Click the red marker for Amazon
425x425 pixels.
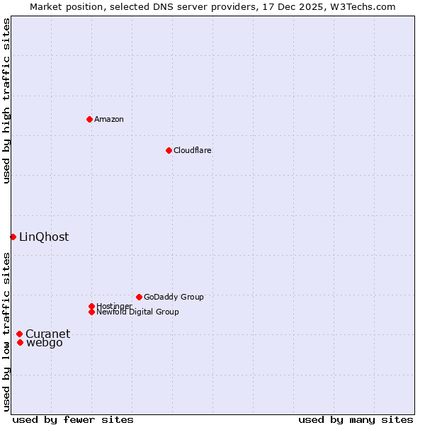pyautogui.click(x=89, y=119)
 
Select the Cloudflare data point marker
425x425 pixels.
pyautogui.click(x=169, y=150)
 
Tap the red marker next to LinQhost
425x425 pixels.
pyautogui.click(x=13, y=237)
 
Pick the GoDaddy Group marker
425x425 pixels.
pyautogui.click(x=139, y=297)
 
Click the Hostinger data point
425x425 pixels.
pyautogui.click(x=91, y=306)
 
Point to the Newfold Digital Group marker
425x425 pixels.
pyautogui.click(x=91, y=312)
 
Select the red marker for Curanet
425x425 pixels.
pyautogui.click(x=19, y=334)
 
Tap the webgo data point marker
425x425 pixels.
pyautogui.click(x=20, y=343)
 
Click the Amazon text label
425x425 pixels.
pyautogui.click(x=109, y=119)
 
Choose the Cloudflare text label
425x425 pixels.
pyautogui.click(x=193, y=150)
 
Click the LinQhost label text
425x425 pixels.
pyautogui.click(x=44, y=237)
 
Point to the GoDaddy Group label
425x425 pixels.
pyautogui.click(x=174, y=297)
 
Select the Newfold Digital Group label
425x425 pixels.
pyautogui.click(x=138, y=312)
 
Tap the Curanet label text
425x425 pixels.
pyautogui.click(x=48, y=334)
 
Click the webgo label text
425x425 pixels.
pyautogui.click(x=45, y=343)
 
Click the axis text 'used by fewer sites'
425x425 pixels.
pyautogui.click(x=73, y=419)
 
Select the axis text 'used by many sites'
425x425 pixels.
pyautogui.click(x=356, y=419)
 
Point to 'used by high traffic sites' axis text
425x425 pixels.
pyautogui.click(x=6, y=101)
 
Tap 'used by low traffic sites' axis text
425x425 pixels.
pyautogui.click(x=6, y=331)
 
